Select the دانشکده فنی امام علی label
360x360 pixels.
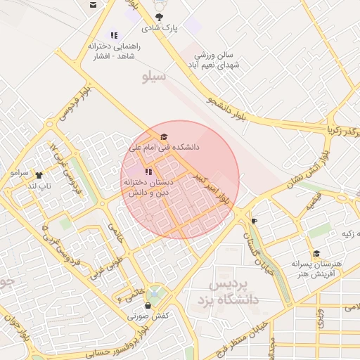pos(165,148)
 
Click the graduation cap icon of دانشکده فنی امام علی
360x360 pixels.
pos(165,136)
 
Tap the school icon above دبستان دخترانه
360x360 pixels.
pos(147,172)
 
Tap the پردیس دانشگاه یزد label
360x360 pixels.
pos(235,291)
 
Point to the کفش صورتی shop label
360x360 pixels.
pos(148,316)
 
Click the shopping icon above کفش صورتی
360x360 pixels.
pos(148,305)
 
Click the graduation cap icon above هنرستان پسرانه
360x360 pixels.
pos(316,253)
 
